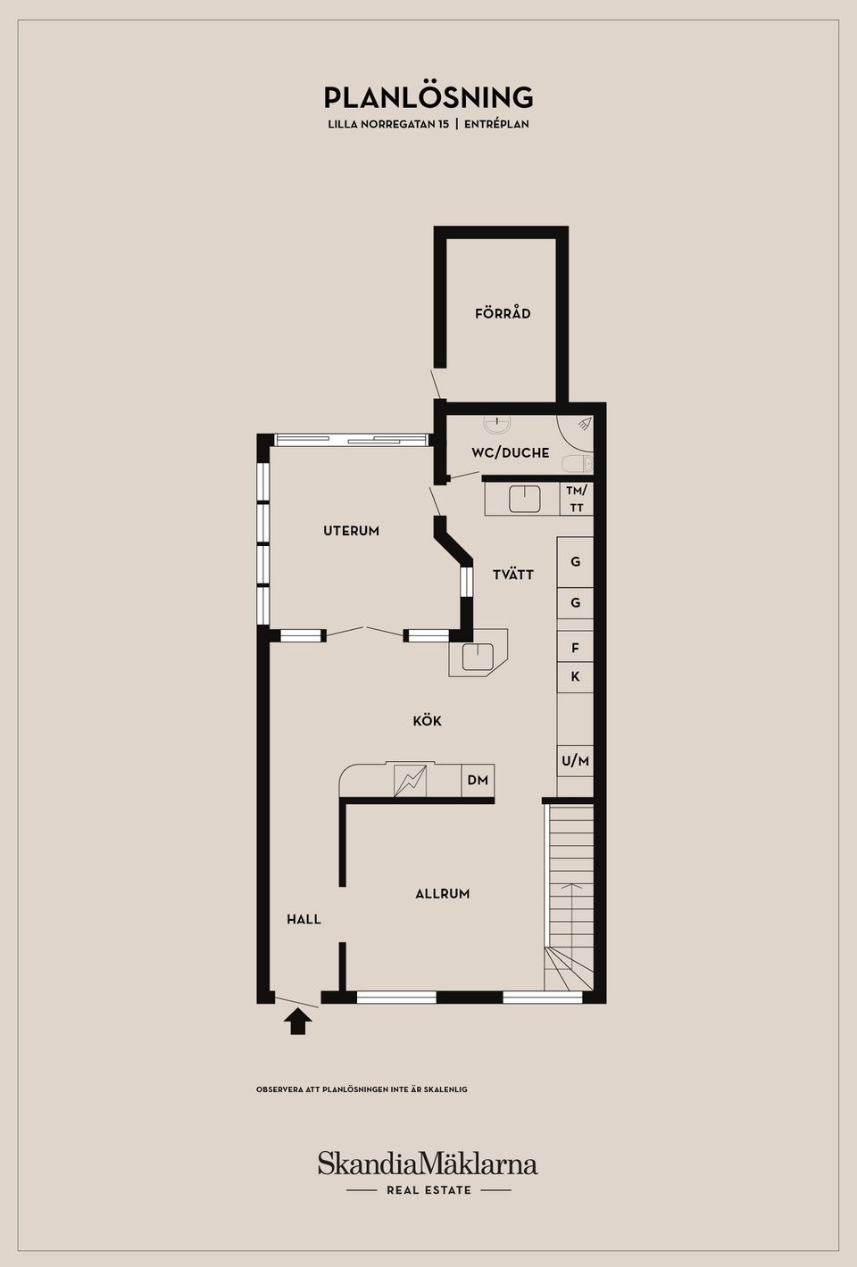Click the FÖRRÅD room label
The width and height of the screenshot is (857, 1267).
[503, 313]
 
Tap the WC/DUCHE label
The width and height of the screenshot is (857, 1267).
[510, 452]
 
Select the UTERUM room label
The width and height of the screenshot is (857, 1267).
[351, 531]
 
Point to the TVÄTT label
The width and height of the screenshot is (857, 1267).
[512, 574]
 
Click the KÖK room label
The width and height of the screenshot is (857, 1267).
[428, 721]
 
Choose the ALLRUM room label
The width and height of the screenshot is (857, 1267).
[443, 894]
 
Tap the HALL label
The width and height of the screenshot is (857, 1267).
[304, 919]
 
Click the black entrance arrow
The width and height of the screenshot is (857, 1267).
[298, 1023]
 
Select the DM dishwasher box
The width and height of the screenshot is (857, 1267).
[478, 780]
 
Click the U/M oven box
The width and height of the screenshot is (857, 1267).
[575, 761]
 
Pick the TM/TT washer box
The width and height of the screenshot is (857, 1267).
[576, 499]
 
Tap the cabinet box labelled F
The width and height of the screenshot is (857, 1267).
[575, 647]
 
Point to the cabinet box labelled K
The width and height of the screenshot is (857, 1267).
[575, 677]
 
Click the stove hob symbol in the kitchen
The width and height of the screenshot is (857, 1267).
[410, 780]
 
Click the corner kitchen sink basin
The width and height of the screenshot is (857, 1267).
[478, 658]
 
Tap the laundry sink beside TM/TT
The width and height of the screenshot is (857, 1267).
[525, 498]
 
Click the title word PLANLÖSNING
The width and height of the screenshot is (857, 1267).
[428, 98]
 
